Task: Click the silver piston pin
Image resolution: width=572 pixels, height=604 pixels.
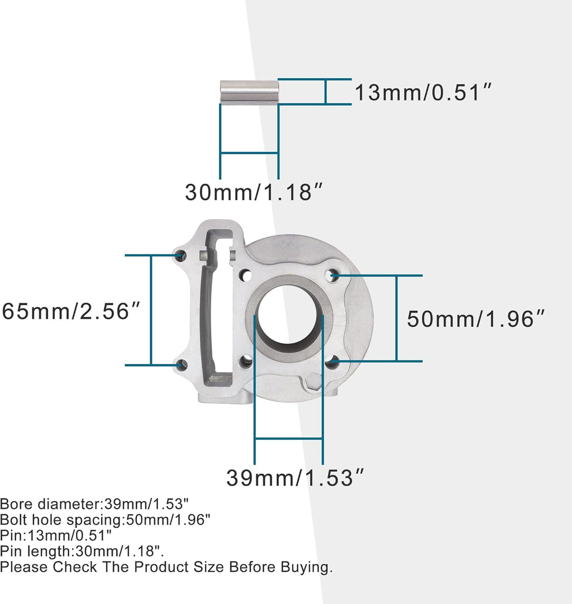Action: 249,92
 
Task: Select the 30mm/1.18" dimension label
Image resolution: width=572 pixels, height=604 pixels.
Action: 254,193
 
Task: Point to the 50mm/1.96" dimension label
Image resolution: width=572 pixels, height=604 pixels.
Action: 475,319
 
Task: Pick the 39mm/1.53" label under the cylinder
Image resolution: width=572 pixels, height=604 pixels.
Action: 295,478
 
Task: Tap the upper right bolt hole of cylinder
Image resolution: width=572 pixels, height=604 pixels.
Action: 334,274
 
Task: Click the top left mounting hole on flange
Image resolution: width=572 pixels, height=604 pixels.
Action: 181,256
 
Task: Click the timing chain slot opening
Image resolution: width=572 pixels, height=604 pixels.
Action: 218,313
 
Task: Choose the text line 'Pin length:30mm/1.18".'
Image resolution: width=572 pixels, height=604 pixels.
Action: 82,551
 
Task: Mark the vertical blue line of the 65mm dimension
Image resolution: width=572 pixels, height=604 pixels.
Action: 151,310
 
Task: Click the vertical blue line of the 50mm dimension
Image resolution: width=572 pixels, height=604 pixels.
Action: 397,318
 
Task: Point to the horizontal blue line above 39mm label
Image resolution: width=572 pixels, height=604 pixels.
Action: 289,439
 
